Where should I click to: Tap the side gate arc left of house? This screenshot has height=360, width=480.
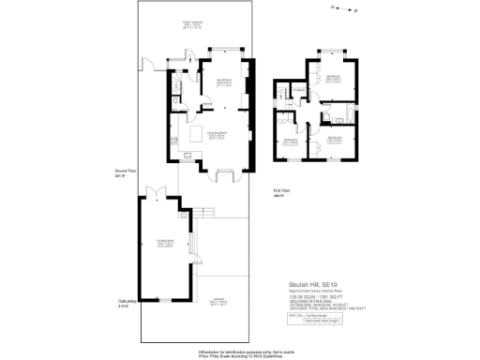click(148, 67)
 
